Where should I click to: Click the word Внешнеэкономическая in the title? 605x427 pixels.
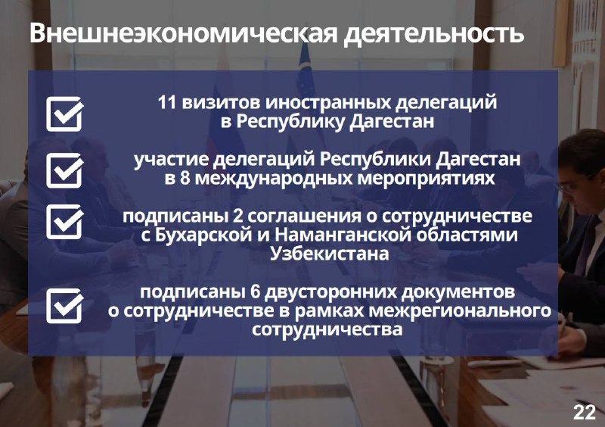tap(184, 33)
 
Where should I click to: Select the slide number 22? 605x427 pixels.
tap(585, 413)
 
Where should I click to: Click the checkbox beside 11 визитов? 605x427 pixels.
tap(65, 114)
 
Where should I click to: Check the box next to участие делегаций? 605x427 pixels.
tap(65, 170)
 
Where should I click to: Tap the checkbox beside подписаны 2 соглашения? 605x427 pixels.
tap(65, 221)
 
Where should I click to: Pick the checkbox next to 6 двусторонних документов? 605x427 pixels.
tap(65, 306)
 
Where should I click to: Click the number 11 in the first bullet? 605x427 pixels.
tap(167, 103)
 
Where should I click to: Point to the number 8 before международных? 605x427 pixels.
tap(185, 179)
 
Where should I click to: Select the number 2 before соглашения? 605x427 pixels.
tap(238, 217)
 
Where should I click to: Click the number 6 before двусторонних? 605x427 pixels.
tap(255, 292)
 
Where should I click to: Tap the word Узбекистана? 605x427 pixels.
tap(329, 254)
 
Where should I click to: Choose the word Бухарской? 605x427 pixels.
tap(203, 235)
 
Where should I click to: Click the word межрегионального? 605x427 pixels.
tap(460, 311)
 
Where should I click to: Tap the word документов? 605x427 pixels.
tap(458, 293)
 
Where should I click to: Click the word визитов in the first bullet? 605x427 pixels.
tap(221, 103)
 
